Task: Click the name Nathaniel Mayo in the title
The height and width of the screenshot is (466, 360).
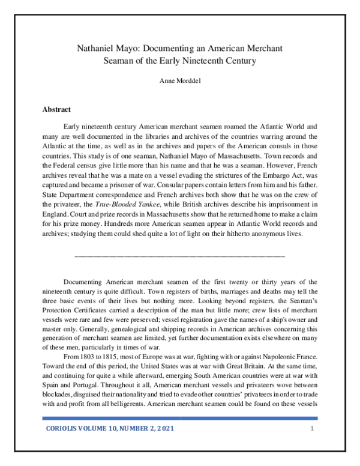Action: pyautogui.click(x=106, y=47)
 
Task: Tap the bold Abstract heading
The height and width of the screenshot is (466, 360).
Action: pyautogui.click(x=56, y=109)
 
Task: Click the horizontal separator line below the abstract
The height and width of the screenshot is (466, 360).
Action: pyautogui.click(x=179, y=256)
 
